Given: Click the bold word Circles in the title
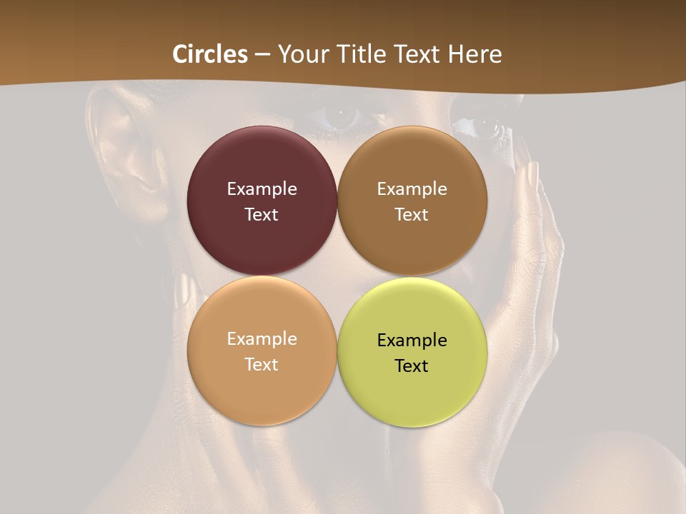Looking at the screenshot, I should [210, 54].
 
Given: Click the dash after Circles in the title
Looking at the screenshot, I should [262, 55].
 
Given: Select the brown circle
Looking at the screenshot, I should [412, 243].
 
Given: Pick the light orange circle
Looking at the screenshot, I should [262, 393].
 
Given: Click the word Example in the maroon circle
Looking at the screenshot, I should [262, 189].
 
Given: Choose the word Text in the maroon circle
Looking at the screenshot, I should [262, 215].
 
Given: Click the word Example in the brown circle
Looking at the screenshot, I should [412, 189].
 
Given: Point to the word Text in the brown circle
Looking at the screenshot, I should [412, 215].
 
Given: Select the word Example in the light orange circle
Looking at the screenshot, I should [262, 339].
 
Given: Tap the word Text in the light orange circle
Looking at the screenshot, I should [262, 365].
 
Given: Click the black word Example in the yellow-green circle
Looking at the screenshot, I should [412, 341].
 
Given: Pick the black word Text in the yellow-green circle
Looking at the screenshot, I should [412, 366].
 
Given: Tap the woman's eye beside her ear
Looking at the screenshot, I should [341, 114].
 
